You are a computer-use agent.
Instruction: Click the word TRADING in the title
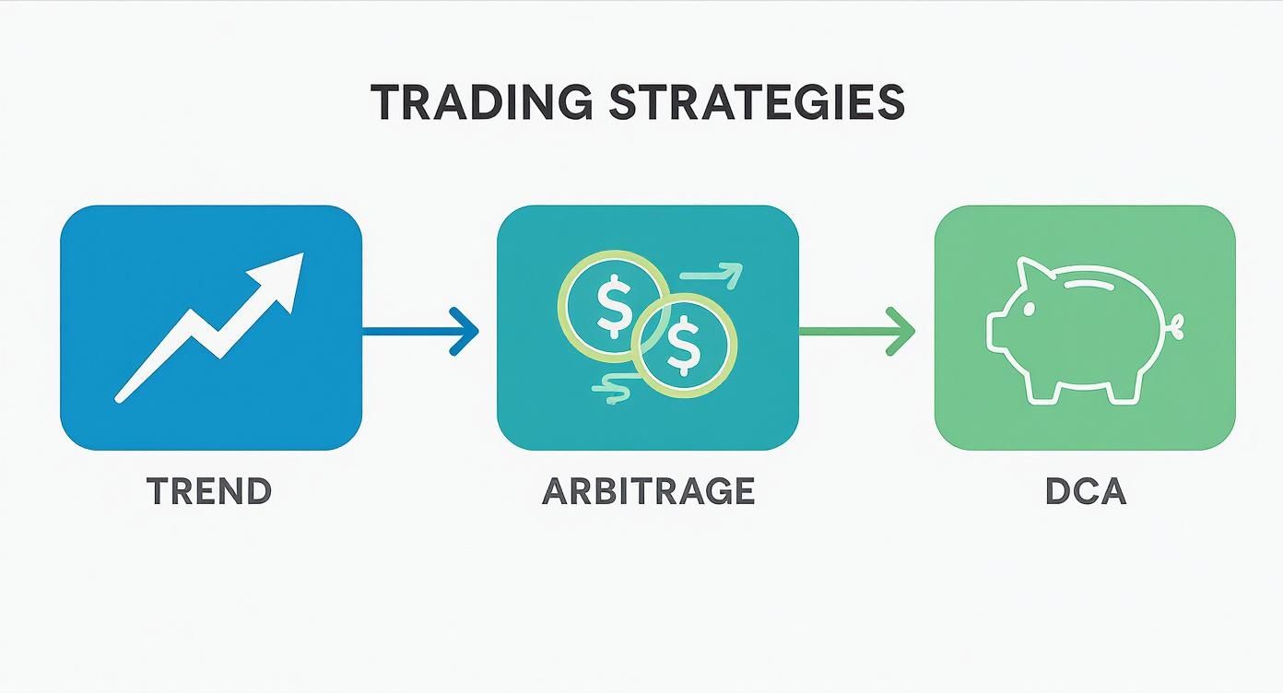pyautogui.click(x=482, y=102)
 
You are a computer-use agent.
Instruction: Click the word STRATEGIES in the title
pyautogui.click(x=756, y=102)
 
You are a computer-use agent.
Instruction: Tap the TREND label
pyautogui.click(x=209, y=491)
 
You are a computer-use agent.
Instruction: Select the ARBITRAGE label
pyautogui.click(x=648, y=491)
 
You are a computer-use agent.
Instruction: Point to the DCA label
pyautogui.click(x=1086, y=491)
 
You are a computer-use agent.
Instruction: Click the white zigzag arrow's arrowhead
pyautogui.click(x=282, y=277)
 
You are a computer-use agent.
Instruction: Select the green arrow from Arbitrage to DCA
pyautogui.click(x=857, y=329)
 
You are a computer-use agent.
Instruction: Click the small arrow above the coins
pyautogui.click(x=712, y=274)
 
